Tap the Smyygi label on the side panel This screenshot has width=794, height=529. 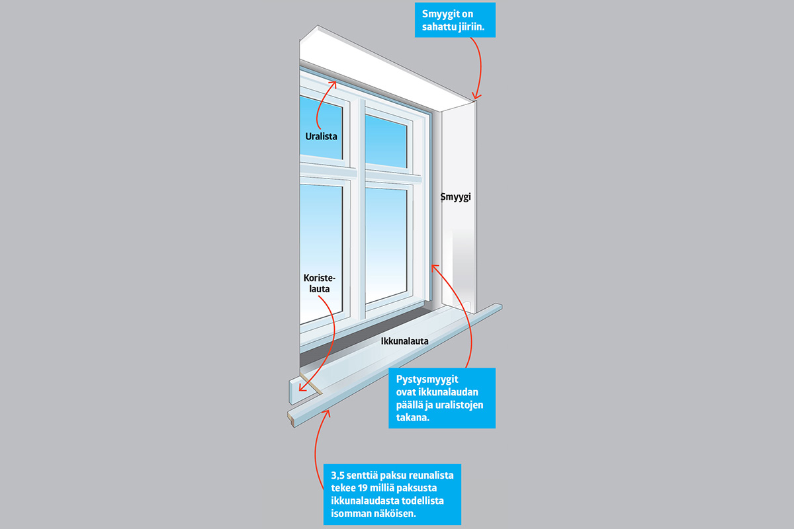(455, 197)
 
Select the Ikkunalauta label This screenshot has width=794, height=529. (405, 342)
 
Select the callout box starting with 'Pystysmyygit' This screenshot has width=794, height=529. (441, 397)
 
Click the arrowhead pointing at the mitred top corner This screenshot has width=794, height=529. (476, 97)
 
